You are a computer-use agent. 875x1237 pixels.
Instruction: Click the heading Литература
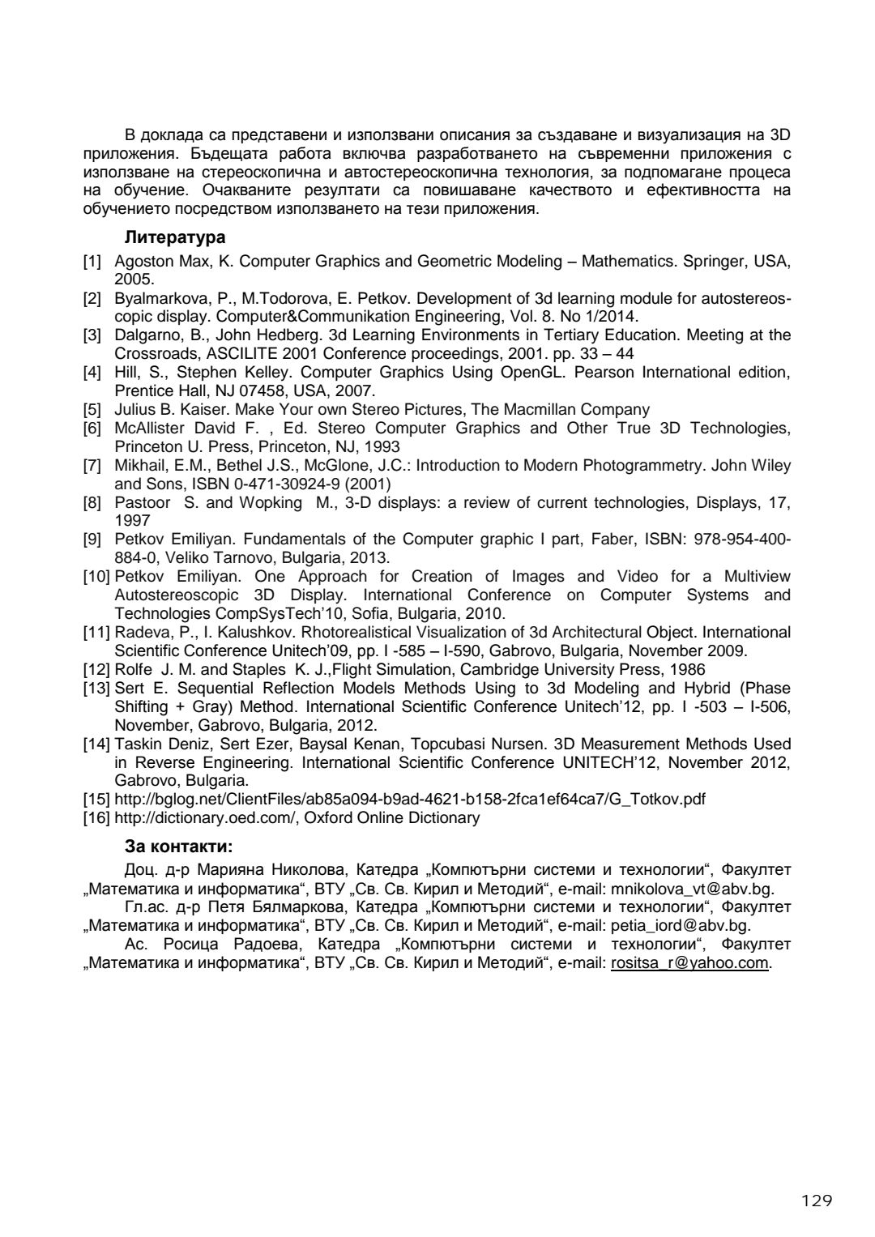(174, 238)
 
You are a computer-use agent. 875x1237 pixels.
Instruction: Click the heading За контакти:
(178, 847)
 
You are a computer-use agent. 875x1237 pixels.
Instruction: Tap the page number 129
(813, 1201)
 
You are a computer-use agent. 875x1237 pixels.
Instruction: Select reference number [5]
(92, 410)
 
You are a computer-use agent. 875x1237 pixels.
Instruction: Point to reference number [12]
(96, 670)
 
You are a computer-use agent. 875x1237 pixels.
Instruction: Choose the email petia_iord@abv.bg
(681, 926)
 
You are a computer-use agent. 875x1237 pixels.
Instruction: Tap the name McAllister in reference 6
(149, 429)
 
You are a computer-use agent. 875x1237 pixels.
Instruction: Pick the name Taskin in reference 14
(135, 744)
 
